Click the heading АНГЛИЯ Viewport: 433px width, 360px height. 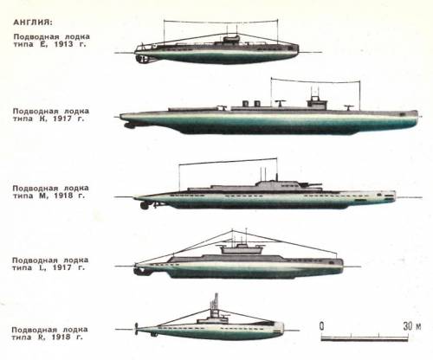tap(33, 22)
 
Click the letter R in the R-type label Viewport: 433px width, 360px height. tap(42, 337)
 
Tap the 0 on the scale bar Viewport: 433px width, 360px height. tap(321, 326)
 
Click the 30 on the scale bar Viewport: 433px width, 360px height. tap(408, 326)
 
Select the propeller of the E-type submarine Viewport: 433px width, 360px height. tap(142, 59)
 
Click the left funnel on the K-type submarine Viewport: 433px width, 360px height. tap(246, 104)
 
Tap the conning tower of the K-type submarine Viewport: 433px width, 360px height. tap(317, 103)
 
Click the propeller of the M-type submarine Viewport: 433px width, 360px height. tap(144, 205)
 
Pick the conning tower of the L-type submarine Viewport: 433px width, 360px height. tap(242, 249)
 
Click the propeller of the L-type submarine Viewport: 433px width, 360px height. tap(138, 271)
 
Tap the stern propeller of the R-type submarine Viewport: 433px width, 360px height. tap(136, 329)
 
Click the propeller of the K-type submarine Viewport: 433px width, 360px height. tap(130, 125)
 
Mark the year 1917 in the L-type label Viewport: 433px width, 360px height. tap(61, 267)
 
